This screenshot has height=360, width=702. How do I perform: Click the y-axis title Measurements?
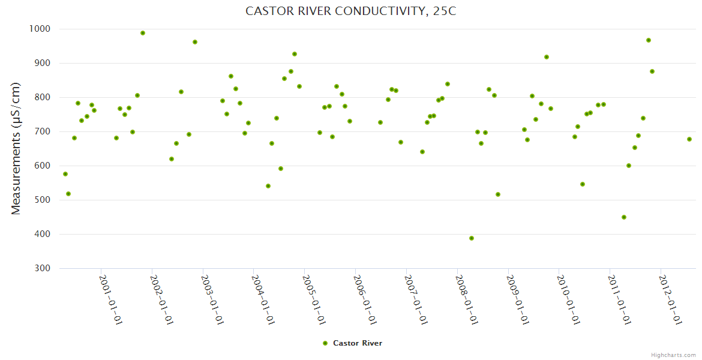pos(16,148)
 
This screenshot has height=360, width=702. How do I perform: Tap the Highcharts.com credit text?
pos(673,355)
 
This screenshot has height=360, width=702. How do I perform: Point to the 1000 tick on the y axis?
pos(39,29)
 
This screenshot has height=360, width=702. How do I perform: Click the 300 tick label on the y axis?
pos(41,268)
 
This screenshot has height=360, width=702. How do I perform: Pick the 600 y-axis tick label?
pos(41,166)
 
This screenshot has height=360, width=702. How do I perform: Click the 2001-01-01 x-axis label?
pos(111,300)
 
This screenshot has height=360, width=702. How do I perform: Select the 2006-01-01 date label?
pos(365,300)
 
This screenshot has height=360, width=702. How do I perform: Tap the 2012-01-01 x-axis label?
pos(671,300)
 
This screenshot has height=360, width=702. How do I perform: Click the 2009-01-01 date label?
pos(518,300)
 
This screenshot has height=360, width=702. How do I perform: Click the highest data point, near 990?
pos(143,33)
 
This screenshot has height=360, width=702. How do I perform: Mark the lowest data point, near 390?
pos(472,238)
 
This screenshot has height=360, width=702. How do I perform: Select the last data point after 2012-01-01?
pos(689,139)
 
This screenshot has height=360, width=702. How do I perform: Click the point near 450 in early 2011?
pos(624,217)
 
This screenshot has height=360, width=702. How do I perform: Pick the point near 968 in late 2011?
pos(649,40)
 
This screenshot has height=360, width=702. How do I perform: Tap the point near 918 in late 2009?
pos(547,57)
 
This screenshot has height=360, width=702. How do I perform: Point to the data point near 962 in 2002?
pos(195,42)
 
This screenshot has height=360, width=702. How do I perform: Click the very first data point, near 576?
pos(65,174)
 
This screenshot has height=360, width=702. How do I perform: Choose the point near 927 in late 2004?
pos(295,54)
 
